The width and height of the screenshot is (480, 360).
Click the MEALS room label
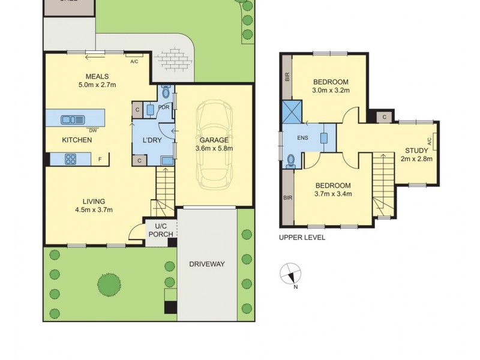point(97,76)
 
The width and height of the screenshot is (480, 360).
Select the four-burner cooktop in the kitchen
point(71,159)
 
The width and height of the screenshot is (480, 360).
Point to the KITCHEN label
point(77,140)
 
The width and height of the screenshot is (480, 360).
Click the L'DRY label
point(150,140)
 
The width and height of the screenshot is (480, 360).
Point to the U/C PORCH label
point(160,230)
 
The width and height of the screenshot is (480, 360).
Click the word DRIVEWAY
point(207,263)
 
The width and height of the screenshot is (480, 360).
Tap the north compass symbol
point(290,274)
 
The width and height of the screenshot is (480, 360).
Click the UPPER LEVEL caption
point(302,238)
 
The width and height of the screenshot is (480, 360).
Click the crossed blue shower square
point(292,112)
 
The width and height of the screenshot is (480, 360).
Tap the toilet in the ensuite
point(291,160)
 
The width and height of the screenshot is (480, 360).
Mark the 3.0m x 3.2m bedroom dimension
point(331,91)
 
